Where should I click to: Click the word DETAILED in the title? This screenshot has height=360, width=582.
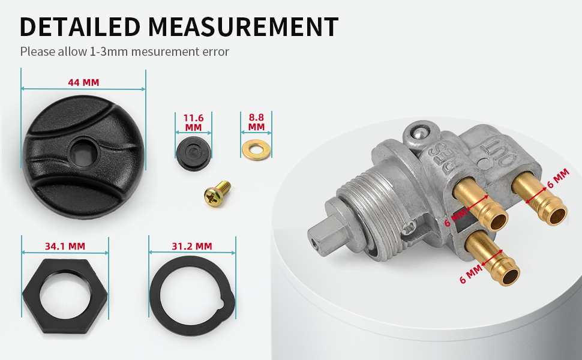[80, 27]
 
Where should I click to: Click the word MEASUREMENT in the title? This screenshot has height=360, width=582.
[243, 27]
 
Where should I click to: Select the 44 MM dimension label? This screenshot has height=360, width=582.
[83, 82]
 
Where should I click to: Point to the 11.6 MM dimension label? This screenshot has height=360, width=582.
[193, 122]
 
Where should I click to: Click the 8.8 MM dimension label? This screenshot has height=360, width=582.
[256, 122]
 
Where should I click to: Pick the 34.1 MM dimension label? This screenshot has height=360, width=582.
[65, 246]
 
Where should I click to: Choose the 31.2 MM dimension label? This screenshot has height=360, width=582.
[192, 246]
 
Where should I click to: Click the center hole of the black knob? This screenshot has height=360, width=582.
[83, 152]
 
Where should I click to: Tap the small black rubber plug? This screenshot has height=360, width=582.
[193, 153]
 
